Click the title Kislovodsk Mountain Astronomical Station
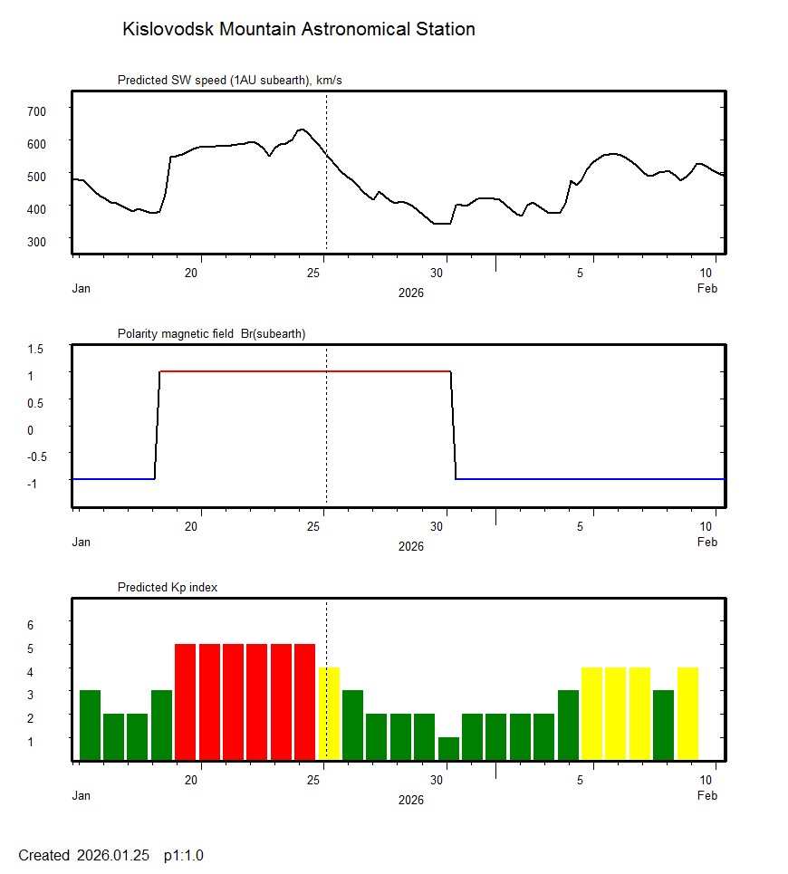coord(298,30)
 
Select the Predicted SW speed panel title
coord(229,81)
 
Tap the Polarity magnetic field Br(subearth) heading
coord(211,333)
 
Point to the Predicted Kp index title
coord(168,587)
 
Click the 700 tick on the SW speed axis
coord(36,110)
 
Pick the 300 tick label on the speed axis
coord(36,241)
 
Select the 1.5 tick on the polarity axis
coord(37,348)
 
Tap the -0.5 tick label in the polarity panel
coord(35,456)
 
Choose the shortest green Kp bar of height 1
coord(448,748)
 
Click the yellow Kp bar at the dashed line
coord(329,714)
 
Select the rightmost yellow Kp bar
coord(687,714)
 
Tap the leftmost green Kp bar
coord(90,725)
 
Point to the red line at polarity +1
coord(304,371)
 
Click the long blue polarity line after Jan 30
coord(589,478)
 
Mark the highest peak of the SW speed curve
coord(302,130)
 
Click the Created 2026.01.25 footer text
coord(111,855)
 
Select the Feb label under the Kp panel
coord(706,796)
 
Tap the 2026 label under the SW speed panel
coord(410,293)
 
